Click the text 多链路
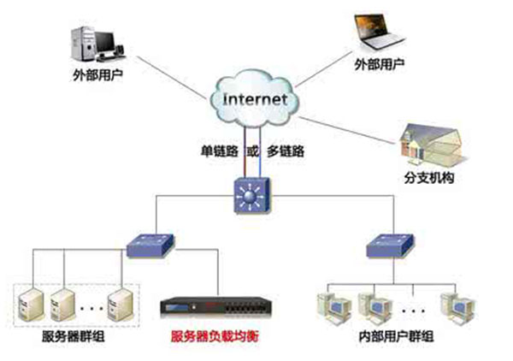click(286, 152)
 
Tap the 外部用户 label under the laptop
click(378, 64)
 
